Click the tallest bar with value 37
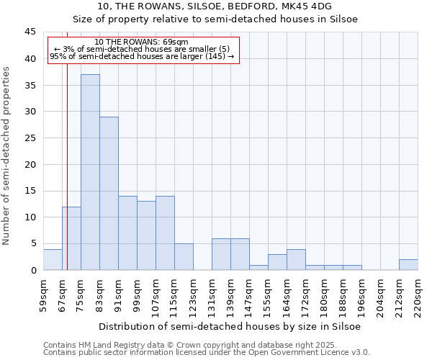point(90,172)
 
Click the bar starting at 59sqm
point(53,259)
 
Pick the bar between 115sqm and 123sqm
point(184,257)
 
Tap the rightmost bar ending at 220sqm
point(408,264)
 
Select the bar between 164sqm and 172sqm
point(296,259)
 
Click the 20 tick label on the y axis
point(30,165)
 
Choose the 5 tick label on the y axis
point(33,244)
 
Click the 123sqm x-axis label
point(194,296)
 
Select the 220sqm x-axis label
point(418,296)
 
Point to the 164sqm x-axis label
point(287,296)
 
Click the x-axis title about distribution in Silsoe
point(230,326)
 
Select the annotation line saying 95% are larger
point(142,56)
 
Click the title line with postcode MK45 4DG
point(216,6)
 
